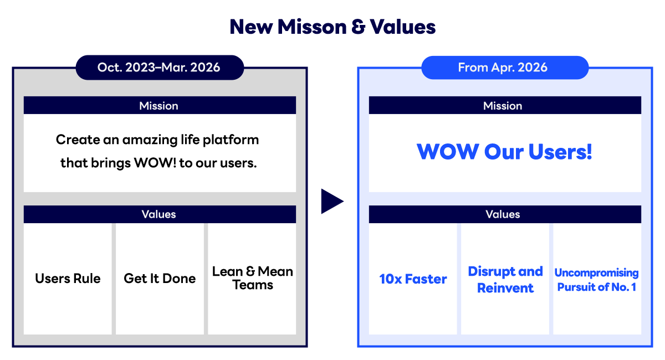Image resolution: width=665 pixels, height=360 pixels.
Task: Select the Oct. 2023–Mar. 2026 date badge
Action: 159,68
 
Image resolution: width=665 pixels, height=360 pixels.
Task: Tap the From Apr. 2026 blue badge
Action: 503,68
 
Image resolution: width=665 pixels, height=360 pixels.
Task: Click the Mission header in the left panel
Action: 159,106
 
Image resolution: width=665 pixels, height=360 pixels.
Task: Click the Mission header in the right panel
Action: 503,106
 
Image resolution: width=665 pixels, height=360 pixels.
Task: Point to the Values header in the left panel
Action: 159,214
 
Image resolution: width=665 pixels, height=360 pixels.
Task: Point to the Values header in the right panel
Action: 503,214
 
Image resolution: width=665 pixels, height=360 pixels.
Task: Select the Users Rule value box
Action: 68,279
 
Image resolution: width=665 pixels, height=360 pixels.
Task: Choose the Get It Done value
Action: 160,279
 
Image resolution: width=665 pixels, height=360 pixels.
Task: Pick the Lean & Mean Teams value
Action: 252,278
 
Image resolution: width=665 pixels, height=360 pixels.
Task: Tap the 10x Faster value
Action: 413,279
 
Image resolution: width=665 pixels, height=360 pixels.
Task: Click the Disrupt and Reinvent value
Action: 505,279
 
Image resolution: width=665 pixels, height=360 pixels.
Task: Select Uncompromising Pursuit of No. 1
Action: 597,280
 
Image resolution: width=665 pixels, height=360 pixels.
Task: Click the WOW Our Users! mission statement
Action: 504,152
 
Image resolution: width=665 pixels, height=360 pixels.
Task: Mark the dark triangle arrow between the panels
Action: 331,201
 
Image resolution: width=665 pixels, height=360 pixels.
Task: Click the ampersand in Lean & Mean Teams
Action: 250,271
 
